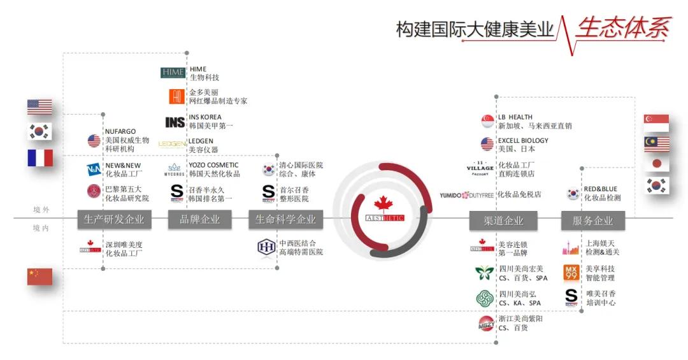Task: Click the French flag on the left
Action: click(x=39, y=157)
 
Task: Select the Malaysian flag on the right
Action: click(x=656, y=144)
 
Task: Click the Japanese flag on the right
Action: click(x=656, y=164)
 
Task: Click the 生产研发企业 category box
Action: click(x=114, y=219)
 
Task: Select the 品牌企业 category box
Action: click(x=199, y=219)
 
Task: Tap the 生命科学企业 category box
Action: click(x=285, y=219)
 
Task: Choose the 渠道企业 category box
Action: click(x=503, y=220)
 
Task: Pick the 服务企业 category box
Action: click(x=592, y=220)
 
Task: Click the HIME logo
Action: click(x=173, y=73)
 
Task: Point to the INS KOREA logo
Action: click(x=175, y=122)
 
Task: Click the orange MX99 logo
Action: click(x=571, y=273)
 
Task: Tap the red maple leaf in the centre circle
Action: click(x=383, y=203)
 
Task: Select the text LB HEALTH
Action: click(x=515, y=117)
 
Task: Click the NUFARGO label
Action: click(x=120, y=132)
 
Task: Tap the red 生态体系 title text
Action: click(x=623, y=27)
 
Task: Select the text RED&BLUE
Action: click(x=600, y=189)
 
